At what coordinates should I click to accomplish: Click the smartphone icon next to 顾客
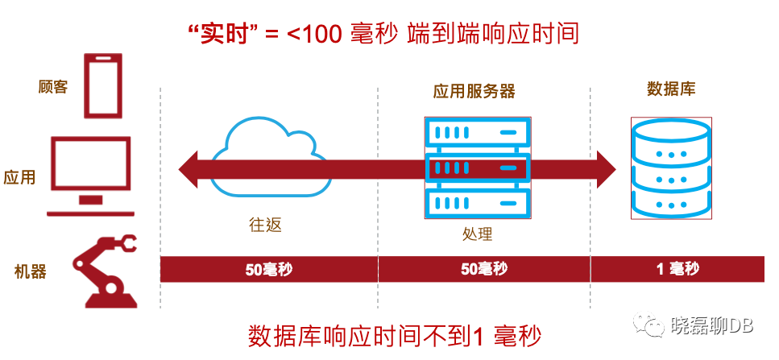[105, 85]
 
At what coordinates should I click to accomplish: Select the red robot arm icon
[105, 270]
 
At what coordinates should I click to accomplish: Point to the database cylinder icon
[670, 168]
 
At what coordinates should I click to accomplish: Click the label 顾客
[53, 87]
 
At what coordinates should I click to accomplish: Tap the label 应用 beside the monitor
[20, 177]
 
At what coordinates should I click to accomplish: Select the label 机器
[31, 271]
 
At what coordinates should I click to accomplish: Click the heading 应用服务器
[474, 91]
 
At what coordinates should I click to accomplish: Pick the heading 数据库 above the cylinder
[670, 89]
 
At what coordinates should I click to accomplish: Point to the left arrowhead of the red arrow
[190, 169]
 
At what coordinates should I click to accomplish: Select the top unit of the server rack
[477, 131]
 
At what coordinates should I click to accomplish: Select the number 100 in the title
[323, 35]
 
